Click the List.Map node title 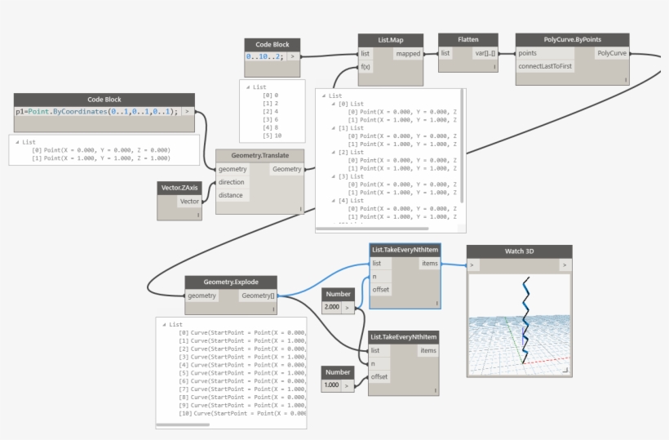391,39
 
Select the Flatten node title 467,39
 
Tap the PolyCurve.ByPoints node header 572,39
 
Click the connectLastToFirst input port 545,66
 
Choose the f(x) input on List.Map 366,67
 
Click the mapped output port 407,54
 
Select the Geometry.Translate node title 260,155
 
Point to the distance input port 232,195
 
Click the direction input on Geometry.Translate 232,182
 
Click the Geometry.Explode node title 231,282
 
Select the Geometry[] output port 258,296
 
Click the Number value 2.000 332,308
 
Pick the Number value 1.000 332,385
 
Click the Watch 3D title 514,251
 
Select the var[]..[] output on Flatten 485,54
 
